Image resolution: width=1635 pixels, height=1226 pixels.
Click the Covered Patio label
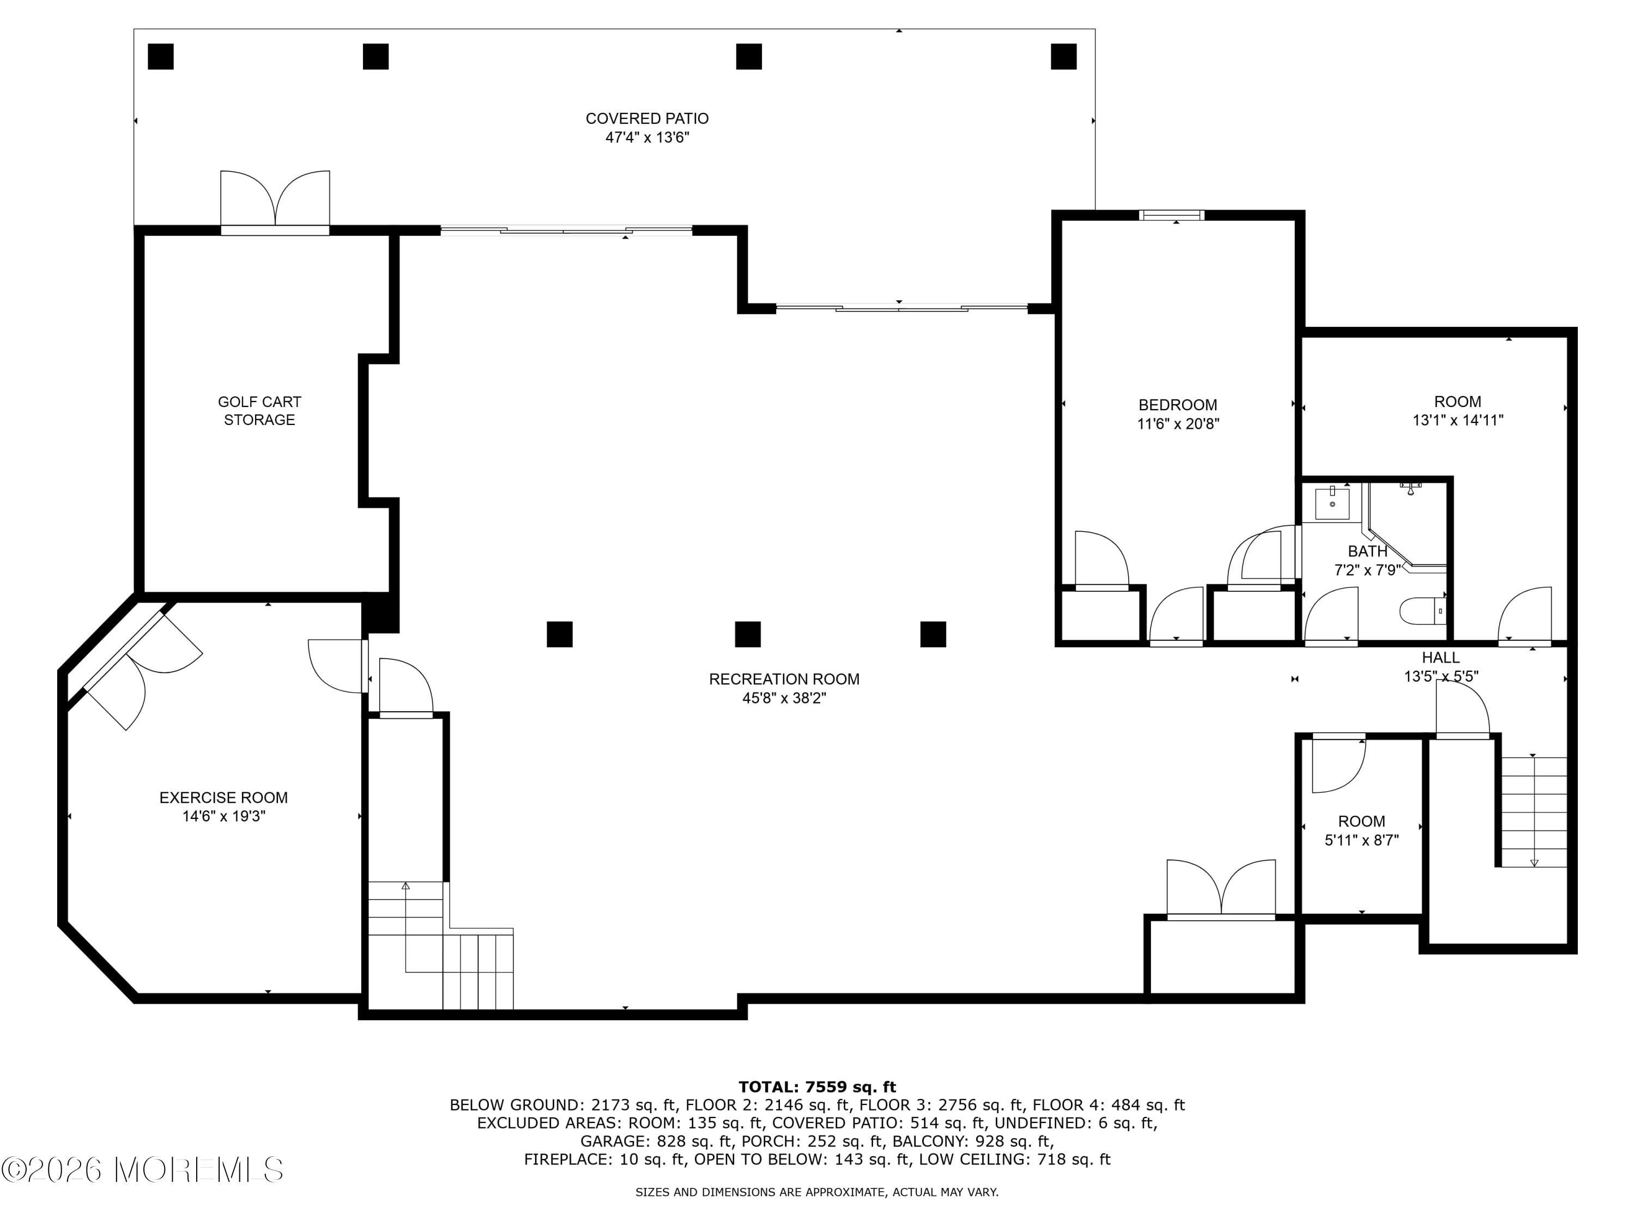[x=647, y=118]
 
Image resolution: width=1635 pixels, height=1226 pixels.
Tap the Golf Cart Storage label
[x=259, y=411]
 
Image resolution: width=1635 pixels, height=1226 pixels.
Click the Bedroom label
[x=1177, y=405]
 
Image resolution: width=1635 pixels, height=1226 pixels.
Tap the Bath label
[x=1367, y=551]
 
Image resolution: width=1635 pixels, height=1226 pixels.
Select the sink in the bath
[x=1333, y=504]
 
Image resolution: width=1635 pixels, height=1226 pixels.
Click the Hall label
[x=1440, y=657]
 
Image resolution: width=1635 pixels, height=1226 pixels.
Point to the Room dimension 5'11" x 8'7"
[x=1361, y=840]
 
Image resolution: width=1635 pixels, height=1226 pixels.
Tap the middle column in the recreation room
[x=747, y=634]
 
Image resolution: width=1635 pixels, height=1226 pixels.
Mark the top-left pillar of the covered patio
[x=160, y=57]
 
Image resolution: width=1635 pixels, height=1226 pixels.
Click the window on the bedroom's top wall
[x=1172, y=216]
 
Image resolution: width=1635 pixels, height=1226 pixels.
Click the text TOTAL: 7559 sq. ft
[x=817, y=1087]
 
